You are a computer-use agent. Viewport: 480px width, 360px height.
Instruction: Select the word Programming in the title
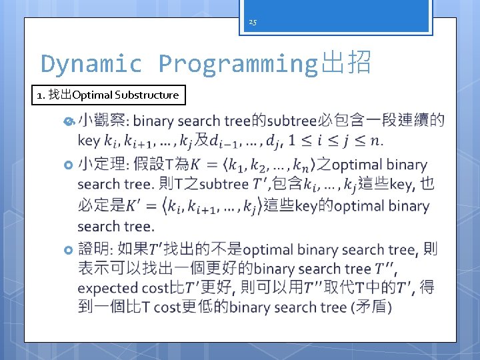(x=239, y=64)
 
